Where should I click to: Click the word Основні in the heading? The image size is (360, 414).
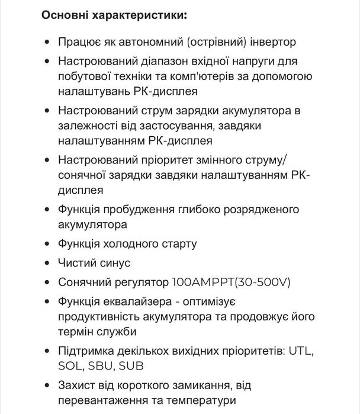pyautogui.click(x=65, y=15)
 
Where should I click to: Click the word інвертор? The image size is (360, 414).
pyautogui.click(x=274, y=43)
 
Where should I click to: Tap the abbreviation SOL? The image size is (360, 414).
pyautogui.click(x=70, y=366)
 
